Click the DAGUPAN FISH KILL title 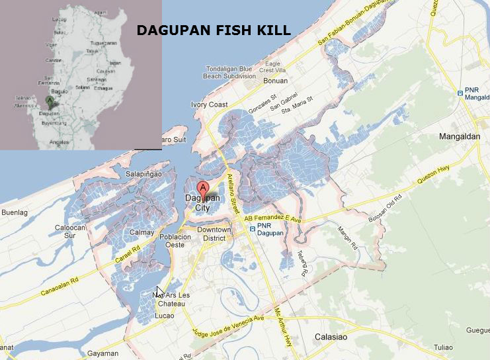213,30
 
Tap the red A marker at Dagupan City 203,188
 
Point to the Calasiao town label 329,337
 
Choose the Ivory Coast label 209,105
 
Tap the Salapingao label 143,173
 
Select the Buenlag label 15,213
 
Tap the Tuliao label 443,347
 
